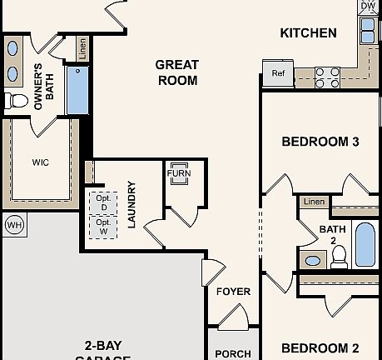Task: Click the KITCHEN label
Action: [308, 33]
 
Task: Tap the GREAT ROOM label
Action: [177, 72]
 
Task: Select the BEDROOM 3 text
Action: [320, 142]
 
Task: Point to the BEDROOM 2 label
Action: [320, 347]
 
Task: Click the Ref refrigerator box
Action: [278, 72]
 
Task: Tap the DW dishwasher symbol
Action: [368, 7]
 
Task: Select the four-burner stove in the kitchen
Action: [327, 77]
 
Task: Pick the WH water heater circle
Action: [13, 224]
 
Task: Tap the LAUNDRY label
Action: [131, 205]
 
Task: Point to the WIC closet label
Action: [41, 162]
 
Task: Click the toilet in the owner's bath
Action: [14, 101]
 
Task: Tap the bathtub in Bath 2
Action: [366, 243]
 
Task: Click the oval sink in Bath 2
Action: [313, 260]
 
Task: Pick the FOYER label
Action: [233, 292]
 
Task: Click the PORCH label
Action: [233, 353]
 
